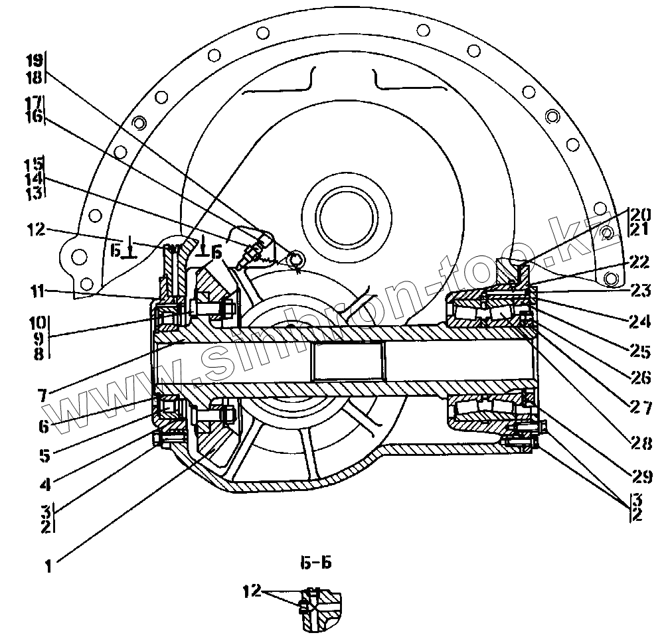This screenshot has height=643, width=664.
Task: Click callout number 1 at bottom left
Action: (x=48, y=567)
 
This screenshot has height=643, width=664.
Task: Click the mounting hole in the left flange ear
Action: (x=77, y=257)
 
